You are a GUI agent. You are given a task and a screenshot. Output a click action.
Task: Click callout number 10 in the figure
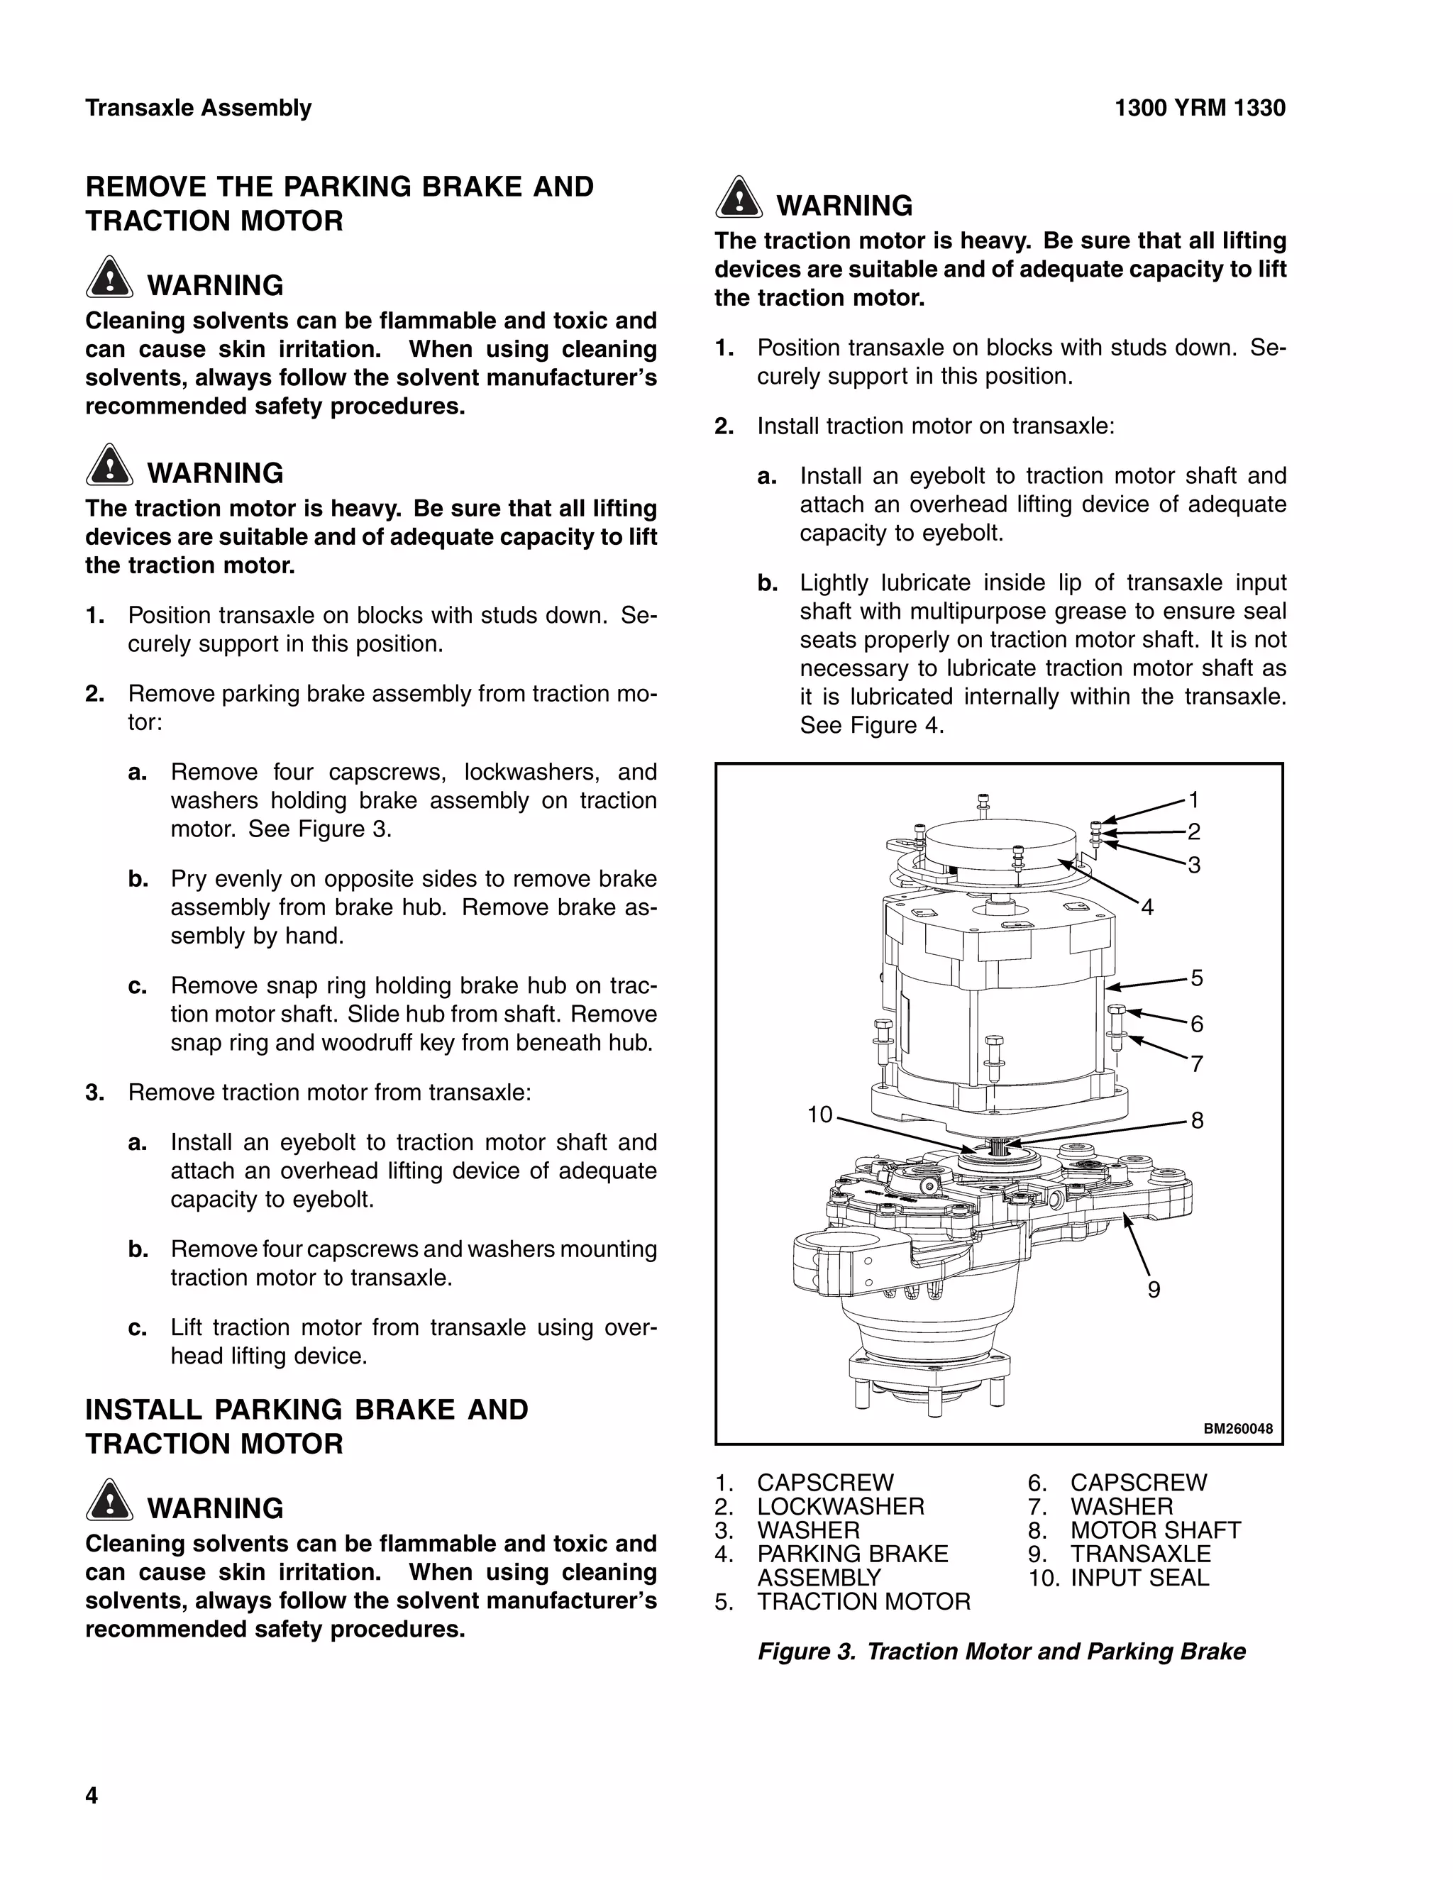point(819,1115)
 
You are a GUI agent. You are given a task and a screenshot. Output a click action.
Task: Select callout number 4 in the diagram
point(1147,907)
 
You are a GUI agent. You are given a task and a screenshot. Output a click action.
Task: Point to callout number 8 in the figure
point(1196,1120)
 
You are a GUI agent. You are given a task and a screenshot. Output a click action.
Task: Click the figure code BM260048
point(1237,1429)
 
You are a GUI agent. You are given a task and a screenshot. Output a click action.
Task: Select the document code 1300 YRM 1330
point(1199,109)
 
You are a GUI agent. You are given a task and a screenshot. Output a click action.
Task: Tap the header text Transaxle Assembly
point(198,109)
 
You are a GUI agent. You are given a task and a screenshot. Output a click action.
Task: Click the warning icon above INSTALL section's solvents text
point(109,1500)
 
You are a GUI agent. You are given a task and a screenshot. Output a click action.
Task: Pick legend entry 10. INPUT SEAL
point(1118,1578)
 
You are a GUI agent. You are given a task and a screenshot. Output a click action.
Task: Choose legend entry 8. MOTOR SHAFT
point(1134,1530)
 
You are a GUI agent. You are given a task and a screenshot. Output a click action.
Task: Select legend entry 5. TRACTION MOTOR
point(843,1602)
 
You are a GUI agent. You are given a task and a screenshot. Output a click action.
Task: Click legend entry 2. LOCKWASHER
point(819,1506)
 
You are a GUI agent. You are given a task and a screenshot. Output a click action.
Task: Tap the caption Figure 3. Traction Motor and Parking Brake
point(1001,1651)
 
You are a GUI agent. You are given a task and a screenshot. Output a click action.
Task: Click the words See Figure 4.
point(871,726)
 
